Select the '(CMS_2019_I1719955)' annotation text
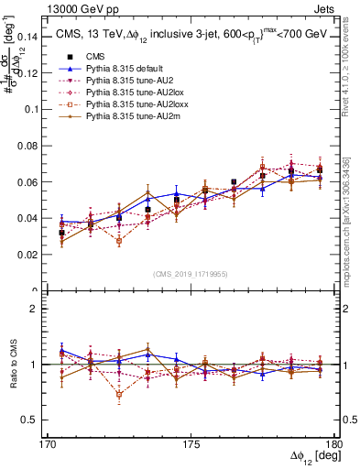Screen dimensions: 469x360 pyautogui.click(x=191, y=273)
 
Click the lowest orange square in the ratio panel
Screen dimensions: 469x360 pyautogui.click(x=119, y=396)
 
